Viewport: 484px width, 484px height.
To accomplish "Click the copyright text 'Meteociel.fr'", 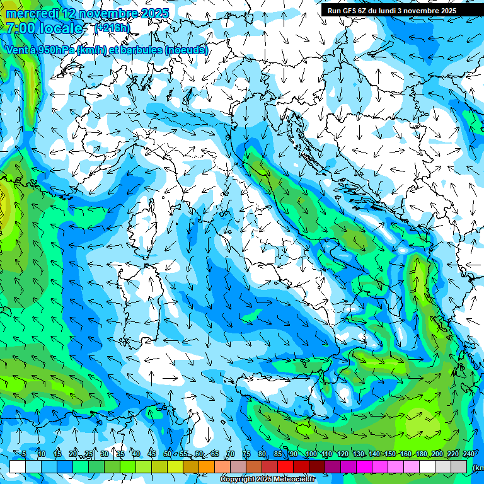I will pos(294,479).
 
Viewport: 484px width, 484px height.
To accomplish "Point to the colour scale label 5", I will pos(24,454).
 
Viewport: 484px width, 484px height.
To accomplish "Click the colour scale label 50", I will pos(167,454).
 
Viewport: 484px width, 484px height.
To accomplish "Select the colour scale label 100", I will pos(311,454).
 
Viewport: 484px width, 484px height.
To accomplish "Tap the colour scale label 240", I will pos(468,454).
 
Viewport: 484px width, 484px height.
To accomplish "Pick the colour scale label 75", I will pos(246,454).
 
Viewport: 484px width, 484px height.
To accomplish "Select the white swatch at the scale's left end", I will pos(17,466).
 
